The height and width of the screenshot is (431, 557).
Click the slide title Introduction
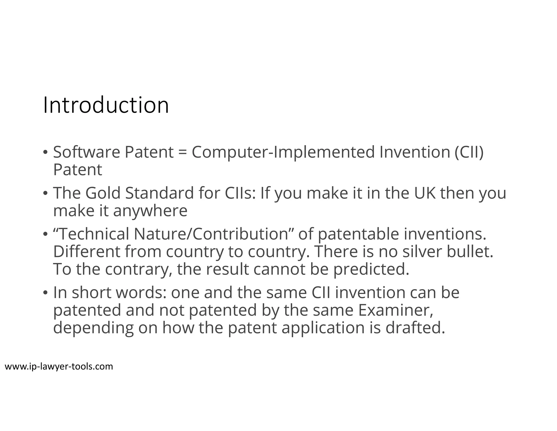106,105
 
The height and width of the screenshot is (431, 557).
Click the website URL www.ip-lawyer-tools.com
59,366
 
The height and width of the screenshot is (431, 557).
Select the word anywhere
150,211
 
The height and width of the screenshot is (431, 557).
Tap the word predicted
371,269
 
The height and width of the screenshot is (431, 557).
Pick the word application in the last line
323,328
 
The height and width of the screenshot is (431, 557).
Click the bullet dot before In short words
45,293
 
